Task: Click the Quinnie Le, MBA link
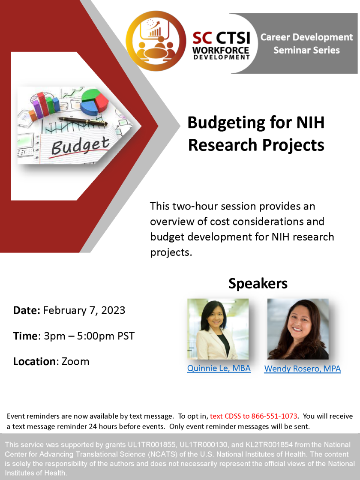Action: [219, 368]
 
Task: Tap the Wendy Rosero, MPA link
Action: [303, 369]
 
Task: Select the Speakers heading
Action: [258, 283]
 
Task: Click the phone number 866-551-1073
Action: [274, 416]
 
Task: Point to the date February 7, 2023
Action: [84, 310]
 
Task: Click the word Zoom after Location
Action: [75, 362]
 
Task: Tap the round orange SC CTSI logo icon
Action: [156, 41]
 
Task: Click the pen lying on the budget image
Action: [83, 122]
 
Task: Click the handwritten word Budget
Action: [81, 146]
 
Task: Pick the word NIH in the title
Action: [310, 122]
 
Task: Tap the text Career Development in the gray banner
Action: [306, 37]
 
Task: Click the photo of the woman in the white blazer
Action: [218, 329]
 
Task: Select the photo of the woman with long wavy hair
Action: [298, 329]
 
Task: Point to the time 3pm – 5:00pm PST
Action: [89, 336]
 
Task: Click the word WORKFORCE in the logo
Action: [221, 50]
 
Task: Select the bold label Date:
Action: [27, 310]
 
